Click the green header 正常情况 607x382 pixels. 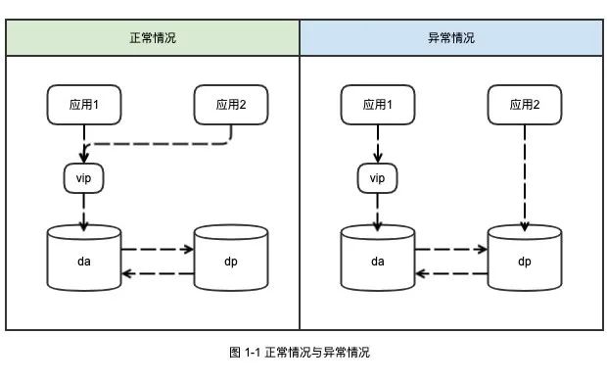[x=153, y=38]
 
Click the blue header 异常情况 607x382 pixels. [x=450, y=38]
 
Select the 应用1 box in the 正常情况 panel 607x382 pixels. [x=83, y=104]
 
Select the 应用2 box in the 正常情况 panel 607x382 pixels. [x=230, y=104]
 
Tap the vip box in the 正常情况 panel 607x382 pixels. [x=83, y=177]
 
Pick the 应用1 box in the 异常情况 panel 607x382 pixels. [x=377, y=104]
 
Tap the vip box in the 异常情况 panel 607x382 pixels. [x=377, y=177]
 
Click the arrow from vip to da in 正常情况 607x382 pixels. [x=83, y=211]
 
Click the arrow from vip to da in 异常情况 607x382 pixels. [x=377, y=211]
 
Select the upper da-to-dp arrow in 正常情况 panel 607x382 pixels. [x=157, y=249]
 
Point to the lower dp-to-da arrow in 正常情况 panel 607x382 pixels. [x=157, y=272]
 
